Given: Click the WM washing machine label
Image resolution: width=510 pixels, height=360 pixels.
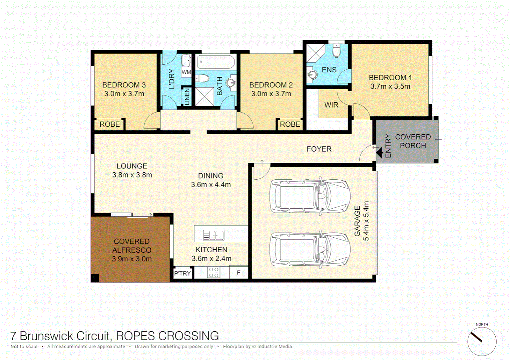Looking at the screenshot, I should click(x=186, y=72).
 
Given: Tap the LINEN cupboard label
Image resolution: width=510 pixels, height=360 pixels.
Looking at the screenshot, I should click(x=187, y=97).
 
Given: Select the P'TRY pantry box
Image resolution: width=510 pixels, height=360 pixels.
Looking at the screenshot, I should click(x=182, y=273).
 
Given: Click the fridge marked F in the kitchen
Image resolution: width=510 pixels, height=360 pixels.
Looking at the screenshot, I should click(x=238, y=273).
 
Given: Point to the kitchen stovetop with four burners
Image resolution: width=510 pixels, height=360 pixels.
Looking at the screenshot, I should click(x=213, y=273).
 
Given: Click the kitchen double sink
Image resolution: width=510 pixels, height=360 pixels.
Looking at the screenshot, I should click(x=213, y=235).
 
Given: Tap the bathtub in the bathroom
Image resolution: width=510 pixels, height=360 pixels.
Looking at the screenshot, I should click(x=215, y=62).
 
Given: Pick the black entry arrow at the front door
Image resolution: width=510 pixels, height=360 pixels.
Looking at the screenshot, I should click(x=379, y=153).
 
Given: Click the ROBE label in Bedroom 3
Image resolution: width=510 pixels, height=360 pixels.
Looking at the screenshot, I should click(x=109, y=124).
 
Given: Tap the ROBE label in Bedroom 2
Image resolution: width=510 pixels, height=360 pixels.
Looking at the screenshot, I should click(x=290, y=124).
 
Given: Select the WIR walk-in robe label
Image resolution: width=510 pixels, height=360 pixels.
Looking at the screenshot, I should click(x=331, y=105).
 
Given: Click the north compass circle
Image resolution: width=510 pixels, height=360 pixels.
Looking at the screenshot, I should click(x=482, y=341).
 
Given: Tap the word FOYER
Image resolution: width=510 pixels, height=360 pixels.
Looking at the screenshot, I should click(x=319, y=149).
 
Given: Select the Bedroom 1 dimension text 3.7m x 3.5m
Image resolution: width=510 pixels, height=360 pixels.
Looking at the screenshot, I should click(x=390, y=86).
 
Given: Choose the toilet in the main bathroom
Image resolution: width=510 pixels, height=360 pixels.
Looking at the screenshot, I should click(x=202, y=79).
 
